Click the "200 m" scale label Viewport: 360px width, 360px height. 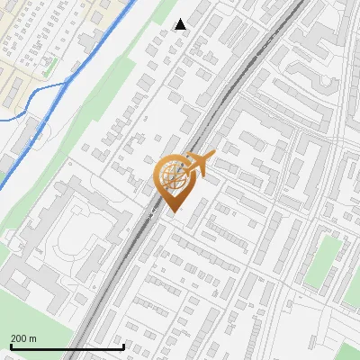tap(23, 338)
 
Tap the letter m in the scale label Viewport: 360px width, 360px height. tap(33, 338)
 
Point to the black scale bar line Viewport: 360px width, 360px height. tap(67, 347)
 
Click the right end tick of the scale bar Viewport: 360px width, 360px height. tap(123, 346)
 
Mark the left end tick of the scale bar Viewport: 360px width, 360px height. tap(10, 346)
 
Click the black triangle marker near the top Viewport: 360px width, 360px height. tap(180, 24)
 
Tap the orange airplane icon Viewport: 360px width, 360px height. tap(200, 163)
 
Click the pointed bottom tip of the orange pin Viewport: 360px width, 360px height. tap(172, 211)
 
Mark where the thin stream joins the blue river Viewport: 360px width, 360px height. tap(68, 84)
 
